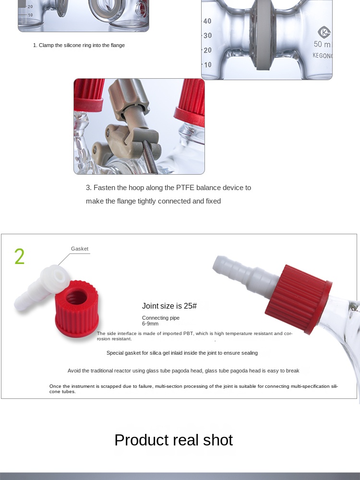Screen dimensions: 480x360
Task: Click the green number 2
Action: pos(19,257)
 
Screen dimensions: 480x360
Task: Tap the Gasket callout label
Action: pos(80,249)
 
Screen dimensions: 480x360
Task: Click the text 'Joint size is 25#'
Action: pos(169,306)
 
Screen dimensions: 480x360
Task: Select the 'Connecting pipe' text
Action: pos(161,318)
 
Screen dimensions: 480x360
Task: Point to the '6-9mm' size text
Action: pos(150,324)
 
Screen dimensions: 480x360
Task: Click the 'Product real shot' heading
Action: pos(173,440)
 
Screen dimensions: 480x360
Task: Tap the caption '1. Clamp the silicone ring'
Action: pos(79,45)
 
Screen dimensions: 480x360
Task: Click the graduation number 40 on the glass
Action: pos(207,21)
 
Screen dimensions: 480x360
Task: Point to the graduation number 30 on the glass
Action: pos(207,36)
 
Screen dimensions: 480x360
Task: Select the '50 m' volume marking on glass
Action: pos(322,44)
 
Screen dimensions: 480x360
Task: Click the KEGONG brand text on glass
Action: pos(322,56)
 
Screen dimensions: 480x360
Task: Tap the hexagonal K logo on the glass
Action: pos(324,32)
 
